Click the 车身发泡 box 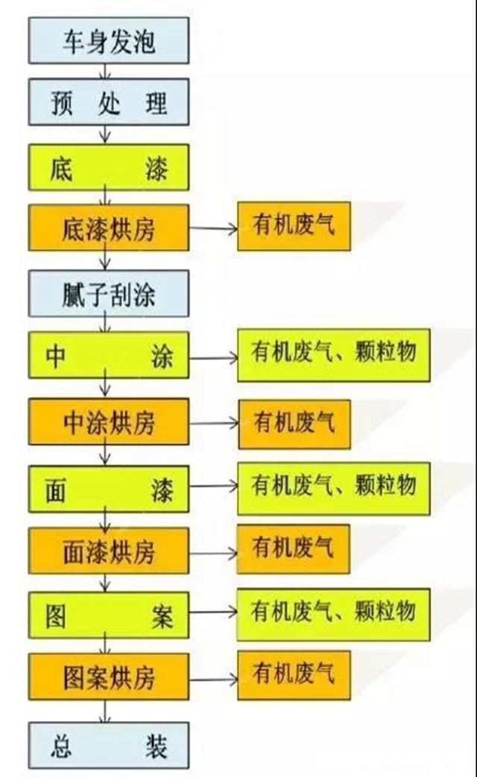[109, 41]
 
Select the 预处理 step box [109, 103]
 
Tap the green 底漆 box [109, 170]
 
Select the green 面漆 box [109, 490]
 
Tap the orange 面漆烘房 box [109, 551]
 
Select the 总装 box [109, 745]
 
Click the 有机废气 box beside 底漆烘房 [294, 225]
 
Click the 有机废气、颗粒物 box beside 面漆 [333, 488]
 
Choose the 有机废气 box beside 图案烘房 [294, 675]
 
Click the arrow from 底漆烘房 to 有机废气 [213, 228]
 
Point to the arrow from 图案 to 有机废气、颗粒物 [213, 613]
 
